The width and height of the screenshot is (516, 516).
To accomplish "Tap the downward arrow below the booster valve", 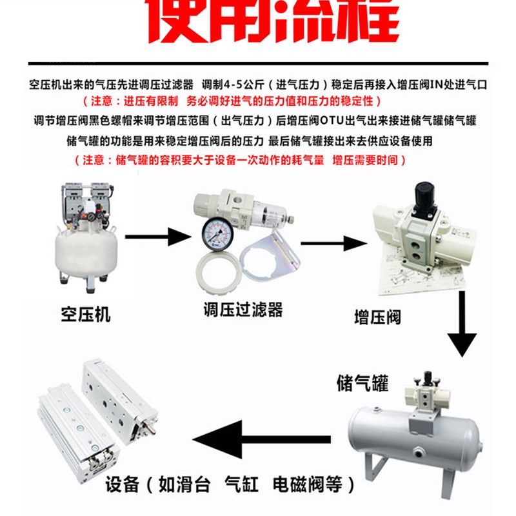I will (462, 326).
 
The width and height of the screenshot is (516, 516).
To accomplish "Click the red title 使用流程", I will (271, 23).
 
